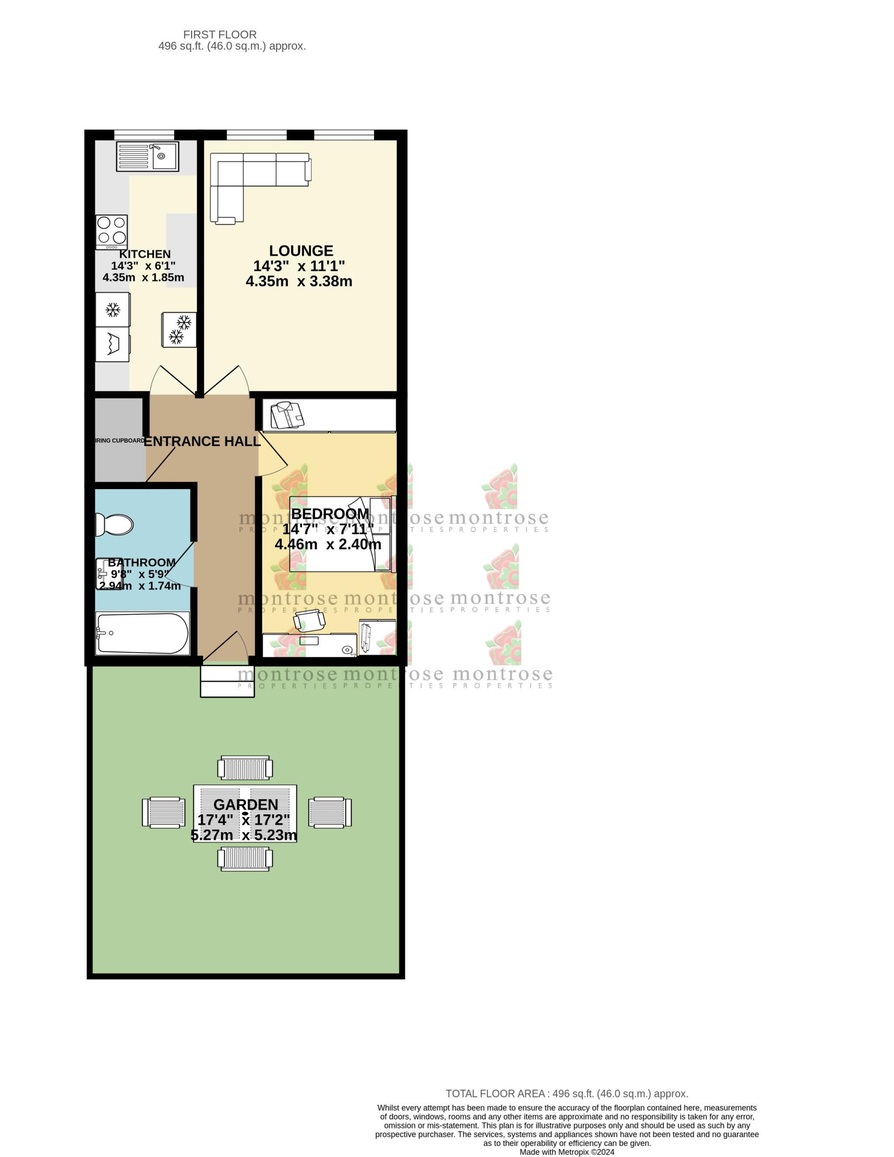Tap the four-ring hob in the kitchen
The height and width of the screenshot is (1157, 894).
[112, 232]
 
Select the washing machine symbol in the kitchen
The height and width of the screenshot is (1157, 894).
[112, 344]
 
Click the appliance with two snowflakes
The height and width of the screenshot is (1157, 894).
[179, 329]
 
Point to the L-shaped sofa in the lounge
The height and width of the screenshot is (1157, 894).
[249, 175]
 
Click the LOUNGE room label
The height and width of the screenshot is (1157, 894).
[301, 250]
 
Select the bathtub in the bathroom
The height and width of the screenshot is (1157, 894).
[142, 633]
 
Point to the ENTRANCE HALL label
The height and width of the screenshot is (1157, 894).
[202, 442]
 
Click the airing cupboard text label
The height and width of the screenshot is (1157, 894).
[120, 441]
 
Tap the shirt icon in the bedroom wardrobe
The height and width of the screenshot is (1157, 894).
[287, 415]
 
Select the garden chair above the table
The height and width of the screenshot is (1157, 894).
[245, 768]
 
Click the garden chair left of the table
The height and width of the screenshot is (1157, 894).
[164, 812]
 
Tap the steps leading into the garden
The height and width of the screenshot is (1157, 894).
[227, 681]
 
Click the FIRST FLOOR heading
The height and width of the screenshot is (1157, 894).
[220, 34]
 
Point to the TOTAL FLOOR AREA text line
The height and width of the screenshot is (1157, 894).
[566, 1093]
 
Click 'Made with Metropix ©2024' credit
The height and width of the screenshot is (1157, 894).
[566, 1152]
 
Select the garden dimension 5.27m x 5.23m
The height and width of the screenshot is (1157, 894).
[244, 835]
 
